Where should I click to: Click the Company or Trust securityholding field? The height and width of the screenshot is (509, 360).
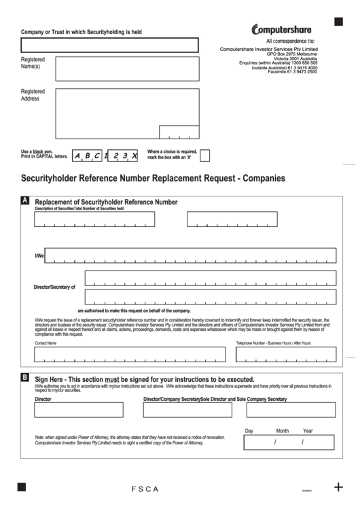coord(110,46)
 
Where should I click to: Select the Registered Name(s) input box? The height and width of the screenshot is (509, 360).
coord(127,69)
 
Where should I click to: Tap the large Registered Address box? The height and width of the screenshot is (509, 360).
coord(127,113)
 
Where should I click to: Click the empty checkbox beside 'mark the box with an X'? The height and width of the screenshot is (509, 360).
coord(205,156)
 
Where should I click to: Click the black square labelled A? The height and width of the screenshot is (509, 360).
coord(25,201)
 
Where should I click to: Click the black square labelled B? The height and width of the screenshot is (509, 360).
coord(25,376)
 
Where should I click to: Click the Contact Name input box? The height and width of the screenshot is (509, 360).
coord(130,355)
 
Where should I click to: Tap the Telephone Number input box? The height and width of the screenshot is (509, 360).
coord(285,355)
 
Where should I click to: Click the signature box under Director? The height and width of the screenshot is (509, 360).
coord(79,410)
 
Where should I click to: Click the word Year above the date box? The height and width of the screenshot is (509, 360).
coord(308,431)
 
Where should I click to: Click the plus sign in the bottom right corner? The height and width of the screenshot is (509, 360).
coord(338,487)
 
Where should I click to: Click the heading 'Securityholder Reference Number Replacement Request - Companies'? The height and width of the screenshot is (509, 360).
coord(154,179)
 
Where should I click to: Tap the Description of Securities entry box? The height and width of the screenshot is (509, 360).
coord(95,220)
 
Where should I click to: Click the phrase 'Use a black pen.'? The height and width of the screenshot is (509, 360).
coord(37,151)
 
